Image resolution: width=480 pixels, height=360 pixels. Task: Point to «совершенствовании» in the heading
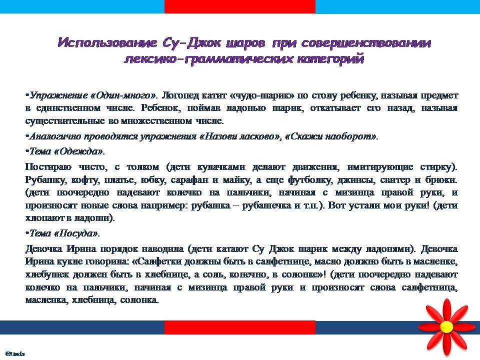click(x=366, y=42)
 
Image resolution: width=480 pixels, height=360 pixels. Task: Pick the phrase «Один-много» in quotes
click(x=123, y=95)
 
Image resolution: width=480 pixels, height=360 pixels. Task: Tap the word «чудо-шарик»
click(x=261, y=95)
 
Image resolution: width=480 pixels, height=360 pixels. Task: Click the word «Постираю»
click(x=48, y=167)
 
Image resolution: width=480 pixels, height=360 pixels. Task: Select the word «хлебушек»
click(x=47, y=274)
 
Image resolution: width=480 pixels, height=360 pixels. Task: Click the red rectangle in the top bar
click(x=239, y=6)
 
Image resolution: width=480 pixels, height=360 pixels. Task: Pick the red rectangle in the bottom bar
click(x=239, y=327)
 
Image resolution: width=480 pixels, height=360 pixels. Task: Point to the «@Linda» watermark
click(x=15, y=354)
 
